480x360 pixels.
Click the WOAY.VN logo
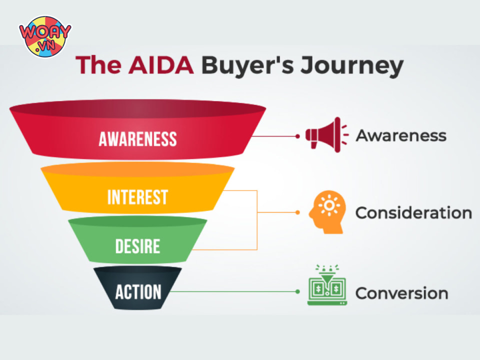point(45,36)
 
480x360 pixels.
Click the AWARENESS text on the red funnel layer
point(137,138)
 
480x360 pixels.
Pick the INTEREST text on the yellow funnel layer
point(137,197)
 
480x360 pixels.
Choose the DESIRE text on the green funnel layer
point(137,246)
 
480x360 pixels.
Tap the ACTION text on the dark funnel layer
point(138,291)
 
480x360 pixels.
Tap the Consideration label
point(413,213)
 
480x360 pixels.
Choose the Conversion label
point(401,293)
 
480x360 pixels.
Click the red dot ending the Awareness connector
point(297,135)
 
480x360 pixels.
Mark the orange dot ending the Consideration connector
point(297,212)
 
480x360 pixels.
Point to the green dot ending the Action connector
point(297,291)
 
